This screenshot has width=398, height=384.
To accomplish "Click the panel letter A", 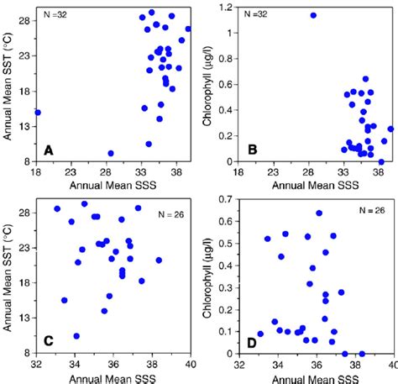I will (49, 150).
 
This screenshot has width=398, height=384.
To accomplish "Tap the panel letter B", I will (250, 150).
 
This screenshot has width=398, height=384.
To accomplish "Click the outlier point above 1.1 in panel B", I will (313, 15).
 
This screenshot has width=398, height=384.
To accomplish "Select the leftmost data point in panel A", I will (37, 113).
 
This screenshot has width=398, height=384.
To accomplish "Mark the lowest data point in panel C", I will (76, 336).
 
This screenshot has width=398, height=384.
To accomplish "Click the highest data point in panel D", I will (319, 213).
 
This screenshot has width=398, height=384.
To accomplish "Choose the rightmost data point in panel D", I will (363, 354).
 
